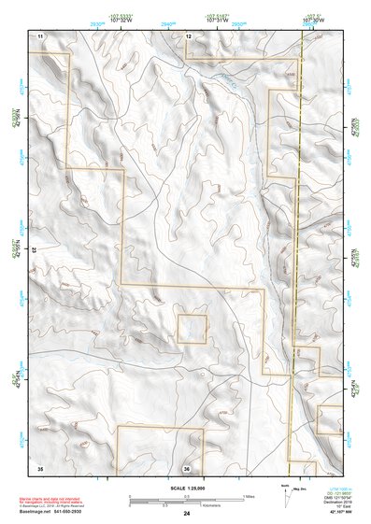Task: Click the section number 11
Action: point(40,35)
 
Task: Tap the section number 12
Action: point(188,35)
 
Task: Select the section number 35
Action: point(40,466)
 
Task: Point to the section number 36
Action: point(187,467)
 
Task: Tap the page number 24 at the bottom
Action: point(187,513)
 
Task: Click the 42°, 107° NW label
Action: point(329,513)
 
